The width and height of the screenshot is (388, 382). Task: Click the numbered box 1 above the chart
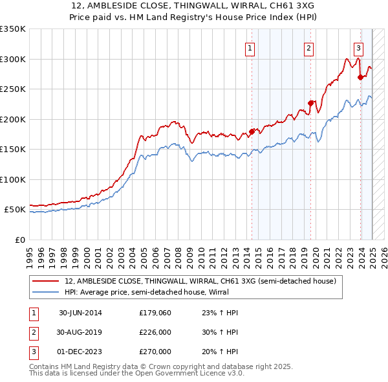pos(250,47)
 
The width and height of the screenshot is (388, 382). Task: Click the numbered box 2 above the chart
pos(309,47)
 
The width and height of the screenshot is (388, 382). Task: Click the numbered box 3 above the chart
pos(358,47)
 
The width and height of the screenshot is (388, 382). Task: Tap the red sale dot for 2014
pos(252,132)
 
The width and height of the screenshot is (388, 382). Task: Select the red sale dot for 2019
pos(311,103)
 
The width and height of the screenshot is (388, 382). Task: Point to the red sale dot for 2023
pos(360,77)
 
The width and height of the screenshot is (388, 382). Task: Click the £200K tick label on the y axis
pos(13,119)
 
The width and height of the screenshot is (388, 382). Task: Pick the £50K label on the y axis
pos(16,210)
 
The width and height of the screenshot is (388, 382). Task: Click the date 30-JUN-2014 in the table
pos(81,313)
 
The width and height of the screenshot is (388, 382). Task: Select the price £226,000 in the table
pos(155,332)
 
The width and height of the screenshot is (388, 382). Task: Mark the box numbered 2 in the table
pos(32,332)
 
